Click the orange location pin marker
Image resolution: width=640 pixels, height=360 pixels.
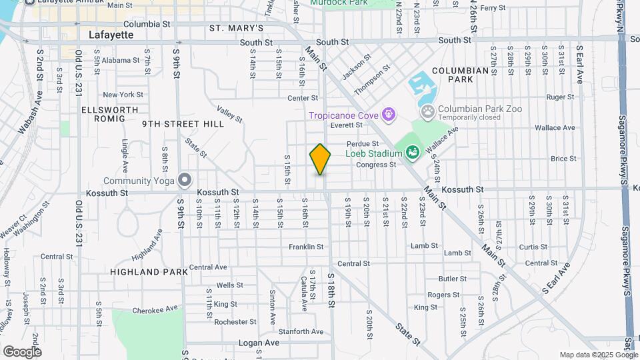320,159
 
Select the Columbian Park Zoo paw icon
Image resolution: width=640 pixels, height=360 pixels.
427,110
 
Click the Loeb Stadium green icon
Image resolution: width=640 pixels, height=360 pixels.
411,153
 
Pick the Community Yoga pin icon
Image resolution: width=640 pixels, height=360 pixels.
185,181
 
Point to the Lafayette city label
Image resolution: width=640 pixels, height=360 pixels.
111,35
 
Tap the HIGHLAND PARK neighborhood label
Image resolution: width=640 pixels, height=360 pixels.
144,272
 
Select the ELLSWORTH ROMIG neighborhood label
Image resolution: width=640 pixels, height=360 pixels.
109,114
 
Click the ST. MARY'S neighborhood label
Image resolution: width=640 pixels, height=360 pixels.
236,28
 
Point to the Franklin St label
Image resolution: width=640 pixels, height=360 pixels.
306,247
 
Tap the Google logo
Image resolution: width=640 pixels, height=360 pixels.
21,351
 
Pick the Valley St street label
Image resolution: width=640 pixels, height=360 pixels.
229,114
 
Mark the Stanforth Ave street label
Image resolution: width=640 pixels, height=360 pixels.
301,331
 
